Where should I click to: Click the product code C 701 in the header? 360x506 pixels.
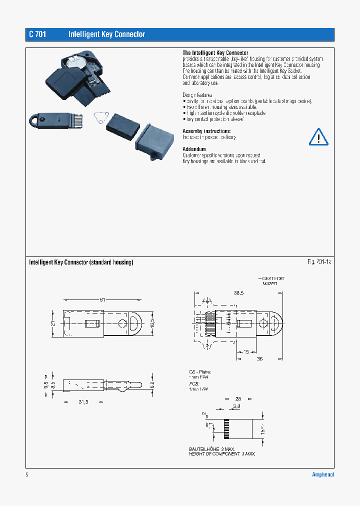37,34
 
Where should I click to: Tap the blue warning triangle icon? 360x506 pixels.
317,136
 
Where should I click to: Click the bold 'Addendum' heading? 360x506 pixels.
194,149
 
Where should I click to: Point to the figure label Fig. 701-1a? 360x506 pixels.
319,262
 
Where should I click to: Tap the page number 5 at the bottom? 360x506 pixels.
27,474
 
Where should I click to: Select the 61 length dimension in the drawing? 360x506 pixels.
102,299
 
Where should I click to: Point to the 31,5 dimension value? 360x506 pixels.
82,402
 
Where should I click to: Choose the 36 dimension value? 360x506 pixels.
260,358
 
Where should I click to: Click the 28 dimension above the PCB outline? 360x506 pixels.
237,398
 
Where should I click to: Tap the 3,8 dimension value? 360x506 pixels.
236,407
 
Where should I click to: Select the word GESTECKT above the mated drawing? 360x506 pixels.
273,278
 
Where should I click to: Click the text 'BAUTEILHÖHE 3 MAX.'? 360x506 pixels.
211,448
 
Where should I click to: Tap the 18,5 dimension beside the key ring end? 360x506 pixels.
152,323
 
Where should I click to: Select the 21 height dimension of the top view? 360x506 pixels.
53,323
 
